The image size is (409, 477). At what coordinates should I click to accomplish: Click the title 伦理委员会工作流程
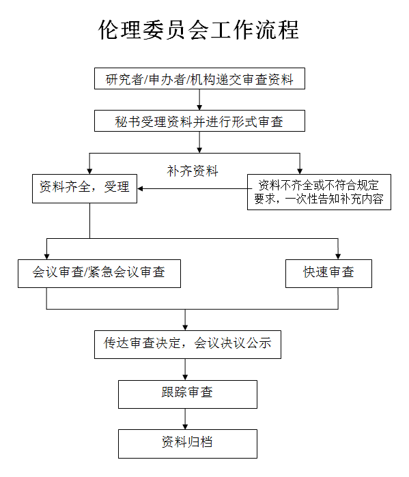[x=199, y=31]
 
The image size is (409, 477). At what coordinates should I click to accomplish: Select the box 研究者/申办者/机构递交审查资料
[x=199, y=79]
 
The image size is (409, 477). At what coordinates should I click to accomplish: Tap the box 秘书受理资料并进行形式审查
[x=199, y=122]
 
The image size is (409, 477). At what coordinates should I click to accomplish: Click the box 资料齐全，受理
[x=85, y=187]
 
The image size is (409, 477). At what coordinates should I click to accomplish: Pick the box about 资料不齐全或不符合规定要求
[x=318, y=192]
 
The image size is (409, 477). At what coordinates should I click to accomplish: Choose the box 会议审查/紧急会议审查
[x=100, y=272]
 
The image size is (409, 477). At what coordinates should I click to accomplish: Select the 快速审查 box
[x=328, y=272]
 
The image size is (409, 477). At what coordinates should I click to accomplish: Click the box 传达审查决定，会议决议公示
[x=187, y=343]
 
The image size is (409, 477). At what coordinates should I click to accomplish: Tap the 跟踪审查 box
[x=187, y=393]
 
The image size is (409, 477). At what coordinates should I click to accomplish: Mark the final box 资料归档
[x=187, y=443]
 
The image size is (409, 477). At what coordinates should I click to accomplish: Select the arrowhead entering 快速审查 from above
[x=338, y=254]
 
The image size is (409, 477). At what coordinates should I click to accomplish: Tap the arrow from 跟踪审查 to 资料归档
[x=185, y=418]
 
